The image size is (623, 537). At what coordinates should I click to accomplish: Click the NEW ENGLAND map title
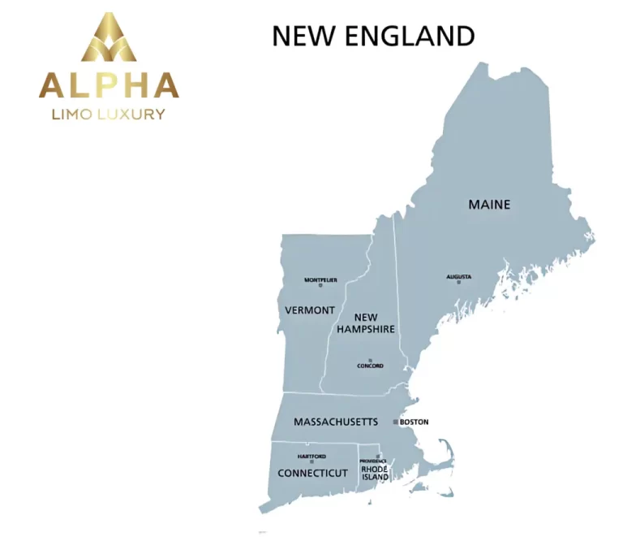[372, 36]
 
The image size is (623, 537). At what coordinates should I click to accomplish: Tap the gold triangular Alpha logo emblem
[109, 38]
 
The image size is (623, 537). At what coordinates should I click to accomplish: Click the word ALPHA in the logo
[109, 85]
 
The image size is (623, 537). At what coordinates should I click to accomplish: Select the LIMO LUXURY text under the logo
[109, 114]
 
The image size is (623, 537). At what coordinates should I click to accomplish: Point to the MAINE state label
[489, 204]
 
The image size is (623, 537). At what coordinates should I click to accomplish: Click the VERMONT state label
[310, 310]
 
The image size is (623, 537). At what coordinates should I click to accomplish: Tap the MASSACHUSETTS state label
[335, 422]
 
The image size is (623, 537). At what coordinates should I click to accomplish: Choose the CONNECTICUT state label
[312, 473]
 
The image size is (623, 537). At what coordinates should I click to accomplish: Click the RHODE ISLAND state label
[375, 473]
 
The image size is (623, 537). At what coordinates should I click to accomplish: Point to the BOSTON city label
[414, 422]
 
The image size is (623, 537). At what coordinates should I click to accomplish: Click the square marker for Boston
[396, 422]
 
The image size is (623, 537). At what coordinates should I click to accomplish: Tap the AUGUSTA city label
[458, 276]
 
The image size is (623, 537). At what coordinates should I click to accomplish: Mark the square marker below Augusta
[458, 283]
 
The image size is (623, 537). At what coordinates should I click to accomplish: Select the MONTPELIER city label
[320, 279]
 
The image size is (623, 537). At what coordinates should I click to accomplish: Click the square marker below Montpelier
[320, 285]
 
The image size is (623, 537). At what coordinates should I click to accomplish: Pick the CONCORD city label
[370, 366]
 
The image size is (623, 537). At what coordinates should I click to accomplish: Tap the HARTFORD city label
[311, 457]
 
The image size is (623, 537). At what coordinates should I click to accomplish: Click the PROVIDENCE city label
[373, 461]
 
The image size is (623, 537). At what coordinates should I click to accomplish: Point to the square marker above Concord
[370, 360]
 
